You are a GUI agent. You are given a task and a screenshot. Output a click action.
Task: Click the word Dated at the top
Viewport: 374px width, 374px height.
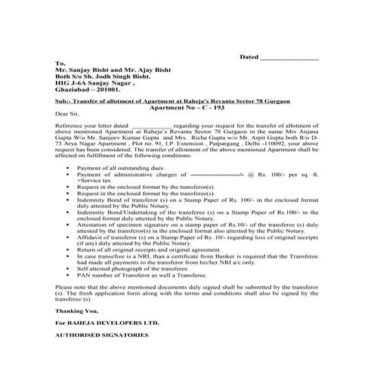(249, 57)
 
